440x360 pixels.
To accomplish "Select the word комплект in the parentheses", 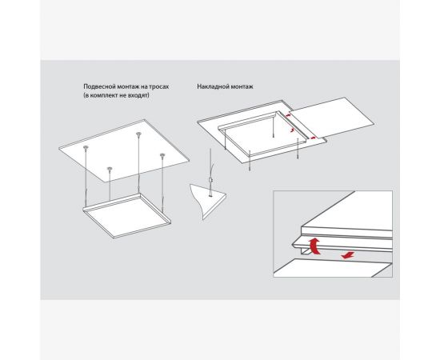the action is pyautogui.click(x=105, y=95).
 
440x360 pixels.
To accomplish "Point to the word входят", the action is pyautogui.click(x=138, y=95).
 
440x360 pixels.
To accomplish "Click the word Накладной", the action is pyautogui.click(x=212, y=86).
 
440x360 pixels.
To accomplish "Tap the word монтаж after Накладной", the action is pyautogui.click(x=241, y=86).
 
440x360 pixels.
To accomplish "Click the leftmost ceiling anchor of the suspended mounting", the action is pyautogui.click(x=86, y=147).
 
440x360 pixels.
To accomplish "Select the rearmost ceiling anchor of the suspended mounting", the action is pyautogui.click(x=138, y=134).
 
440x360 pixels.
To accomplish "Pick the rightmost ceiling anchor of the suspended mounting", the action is pyautogui.click(x=162, y=155).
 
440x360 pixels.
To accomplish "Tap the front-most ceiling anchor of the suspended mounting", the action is pyautogui.click(x=110, y=169).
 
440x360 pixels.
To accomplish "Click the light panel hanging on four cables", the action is pyautogui.click(x=127, y=215).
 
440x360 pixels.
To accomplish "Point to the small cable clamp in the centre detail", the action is pyautogui.click(x=211, y=180).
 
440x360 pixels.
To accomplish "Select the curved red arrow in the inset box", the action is pyautogui.click(x=316, y=246).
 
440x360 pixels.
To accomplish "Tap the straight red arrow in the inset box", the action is pyautogui.click(x=348, y=255).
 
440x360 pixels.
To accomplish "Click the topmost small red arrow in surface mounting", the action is pyautogui.click(x=287, y=114).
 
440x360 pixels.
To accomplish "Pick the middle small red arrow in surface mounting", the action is pyautogui.click(x=292, y=130).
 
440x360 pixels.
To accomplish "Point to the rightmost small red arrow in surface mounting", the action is pyautogui.click(x=313, y=138).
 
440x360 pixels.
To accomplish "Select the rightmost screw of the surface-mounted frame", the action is pyautogui.click(x=298, y=149).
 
